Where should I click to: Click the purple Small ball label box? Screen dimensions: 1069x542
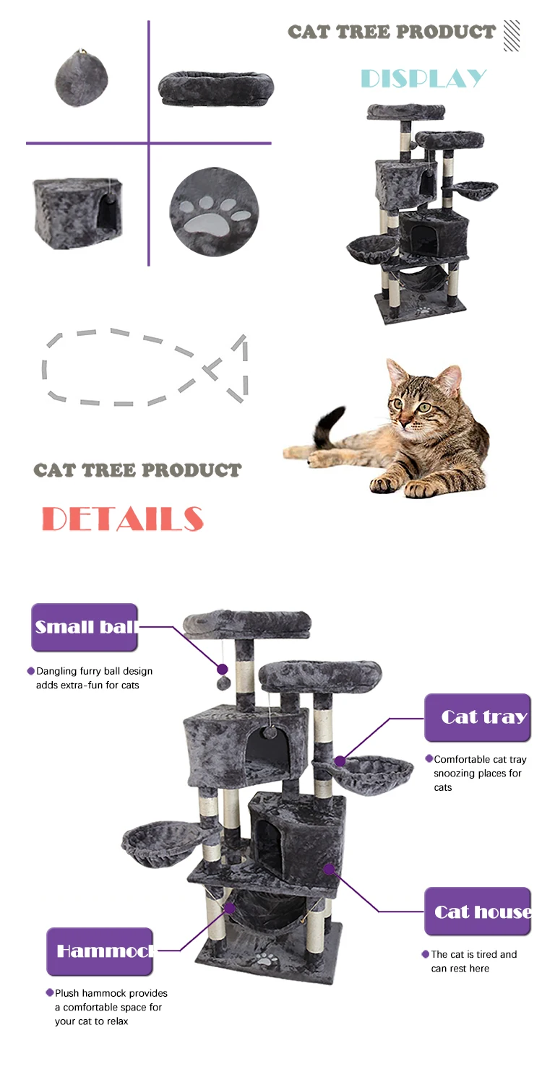point(85,627)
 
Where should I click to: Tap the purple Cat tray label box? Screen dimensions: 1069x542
point(478,717)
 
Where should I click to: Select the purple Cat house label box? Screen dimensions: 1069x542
point(478,912)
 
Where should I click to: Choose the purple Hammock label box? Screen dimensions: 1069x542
point(100,951)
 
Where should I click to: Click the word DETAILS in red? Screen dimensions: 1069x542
point(122,519)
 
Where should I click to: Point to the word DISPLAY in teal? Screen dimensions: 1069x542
point(423,79)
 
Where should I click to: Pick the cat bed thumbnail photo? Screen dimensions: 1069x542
point(216,89)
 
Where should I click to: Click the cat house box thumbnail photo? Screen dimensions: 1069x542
point(77,214)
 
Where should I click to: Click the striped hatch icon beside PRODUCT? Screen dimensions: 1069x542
point(512,35)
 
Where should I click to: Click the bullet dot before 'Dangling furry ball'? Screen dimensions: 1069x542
point(31,671)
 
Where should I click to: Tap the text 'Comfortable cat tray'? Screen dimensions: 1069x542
point(481,759)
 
